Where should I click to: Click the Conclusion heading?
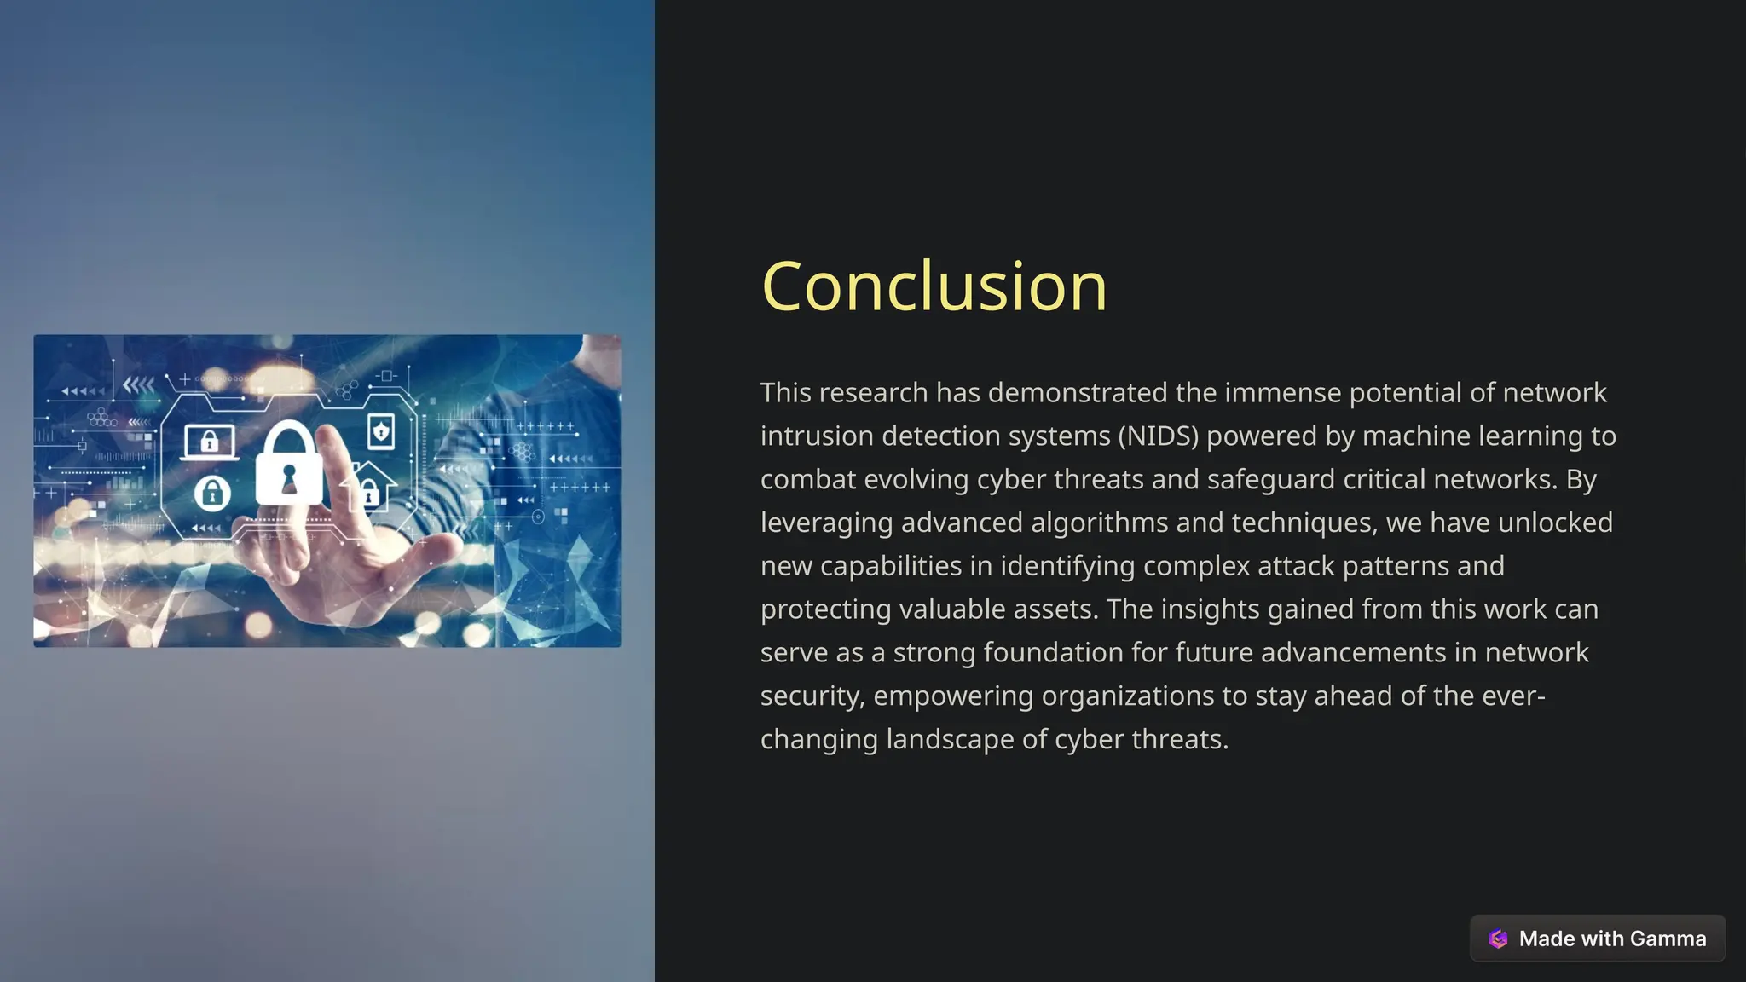pyautogui.click(x=934, y=286)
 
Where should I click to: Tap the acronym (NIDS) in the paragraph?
pyautogui.click(x=1159, y=436)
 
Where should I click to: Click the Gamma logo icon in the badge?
pyautogui.click(x=1498, y=939)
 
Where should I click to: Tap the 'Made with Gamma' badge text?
pyautogui.click(x=1612, y=939)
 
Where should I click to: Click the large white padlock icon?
pyautogui.click(x=289, y=465)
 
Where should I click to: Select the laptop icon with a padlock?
pyautogui.click(x=209, y=442)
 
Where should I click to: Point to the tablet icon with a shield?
pyautogui.click(x=381, y=431)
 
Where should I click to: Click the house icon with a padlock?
pyautogui.click(x=369, y=487)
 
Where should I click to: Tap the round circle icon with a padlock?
pyautogui.click(x=212, y=493)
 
